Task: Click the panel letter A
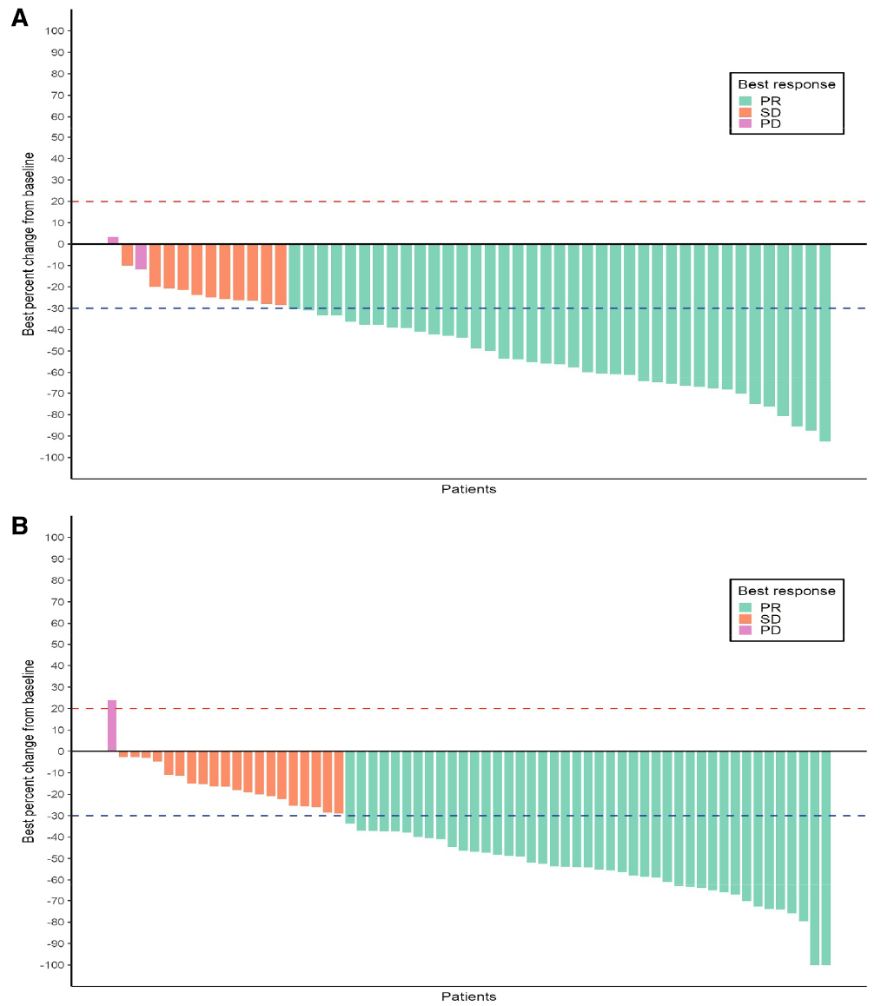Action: pyautogui.click(x=19, y=18)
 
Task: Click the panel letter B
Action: pyautogui.click(x=19, y=526)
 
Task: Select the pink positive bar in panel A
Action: pyautogui.click(x=113, y=240)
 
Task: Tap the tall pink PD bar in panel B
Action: pyautogui.click(x=112, y=725)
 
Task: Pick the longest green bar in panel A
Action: pyautogui.click(x=825, y=342)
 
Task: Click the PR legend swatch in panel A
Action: pyautogui.click(x=745, y=100)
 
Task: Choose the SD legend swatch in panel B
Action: pyautogui.click(x=745, y=619)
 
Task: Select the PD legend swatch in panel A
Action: pyautogui.click(x=745, y=123)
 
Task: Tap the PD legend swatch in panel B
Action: pyautogui.click(x=745, y=630)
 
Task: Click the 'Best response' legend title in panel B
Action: pyautogui.click(x=786, y=591)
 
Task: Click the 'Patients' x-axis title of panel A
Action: pyautogui.click(x=468, y=489)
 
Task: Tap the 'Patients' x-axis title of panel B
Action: pyautogui.click(x=468, y=996)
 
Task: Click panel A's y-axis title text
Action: pyautogui.click(x=29, y=244)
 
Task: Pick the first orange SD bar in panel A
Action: pyautogui.click(x=127, y=255)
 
